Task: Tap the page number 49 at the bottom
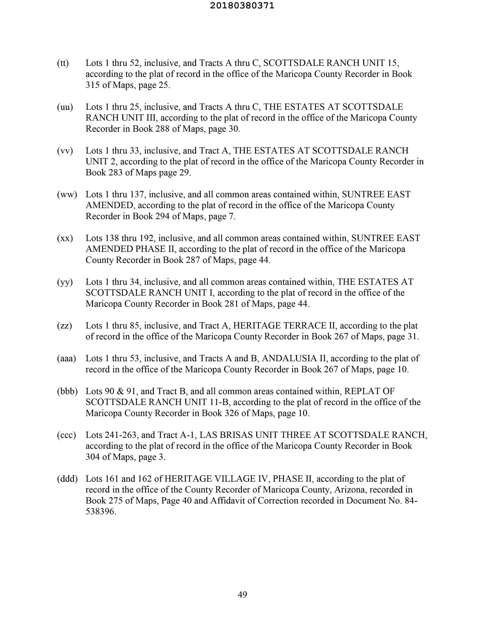pyautogui.click(x=242, y=594)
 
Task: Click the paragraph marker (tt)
pyautogui.click(x=63, y=63)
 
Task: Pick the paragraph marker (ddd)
pyautogui.click(x=67, y=479)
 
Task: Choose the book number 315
pyautogui.click(x=92, y=85)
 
